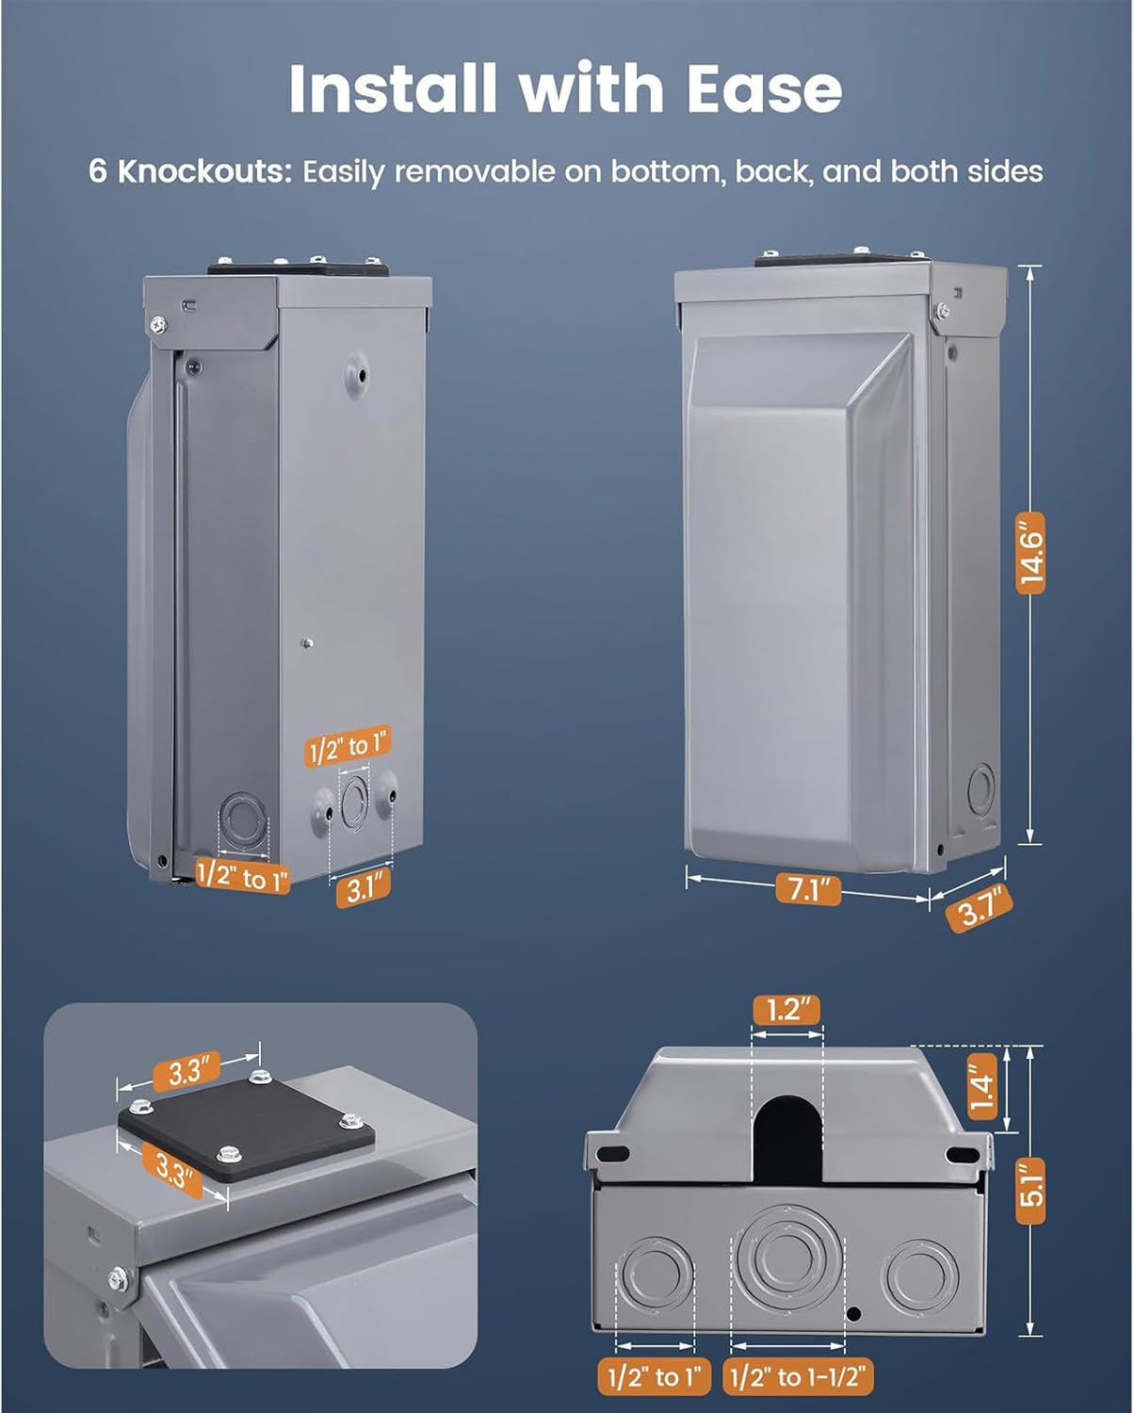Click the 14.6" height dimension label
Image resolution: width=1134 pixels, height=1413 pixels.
point(1029,553)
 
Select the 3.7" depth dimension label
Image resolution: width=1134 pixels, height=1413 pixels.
point(979,907)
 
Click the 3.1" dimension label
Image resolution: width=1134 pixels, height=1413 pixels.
point(364,888)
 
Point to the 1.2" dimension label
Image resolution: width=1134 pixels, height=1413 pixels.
point(786,1009)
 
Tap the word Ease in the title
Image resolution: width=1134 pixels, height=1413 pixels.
point(764,89)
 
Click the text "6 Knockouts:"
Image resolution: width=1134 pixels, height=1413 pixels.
point(189,171)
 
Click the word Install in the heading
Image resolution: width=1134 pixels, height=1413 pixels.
point(392,89)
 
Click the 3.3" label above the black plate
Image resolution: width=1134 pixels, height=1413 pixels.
point(186,1072)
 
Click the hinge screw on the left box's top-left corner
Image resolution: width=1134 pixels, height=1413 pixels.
point(157,324)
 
